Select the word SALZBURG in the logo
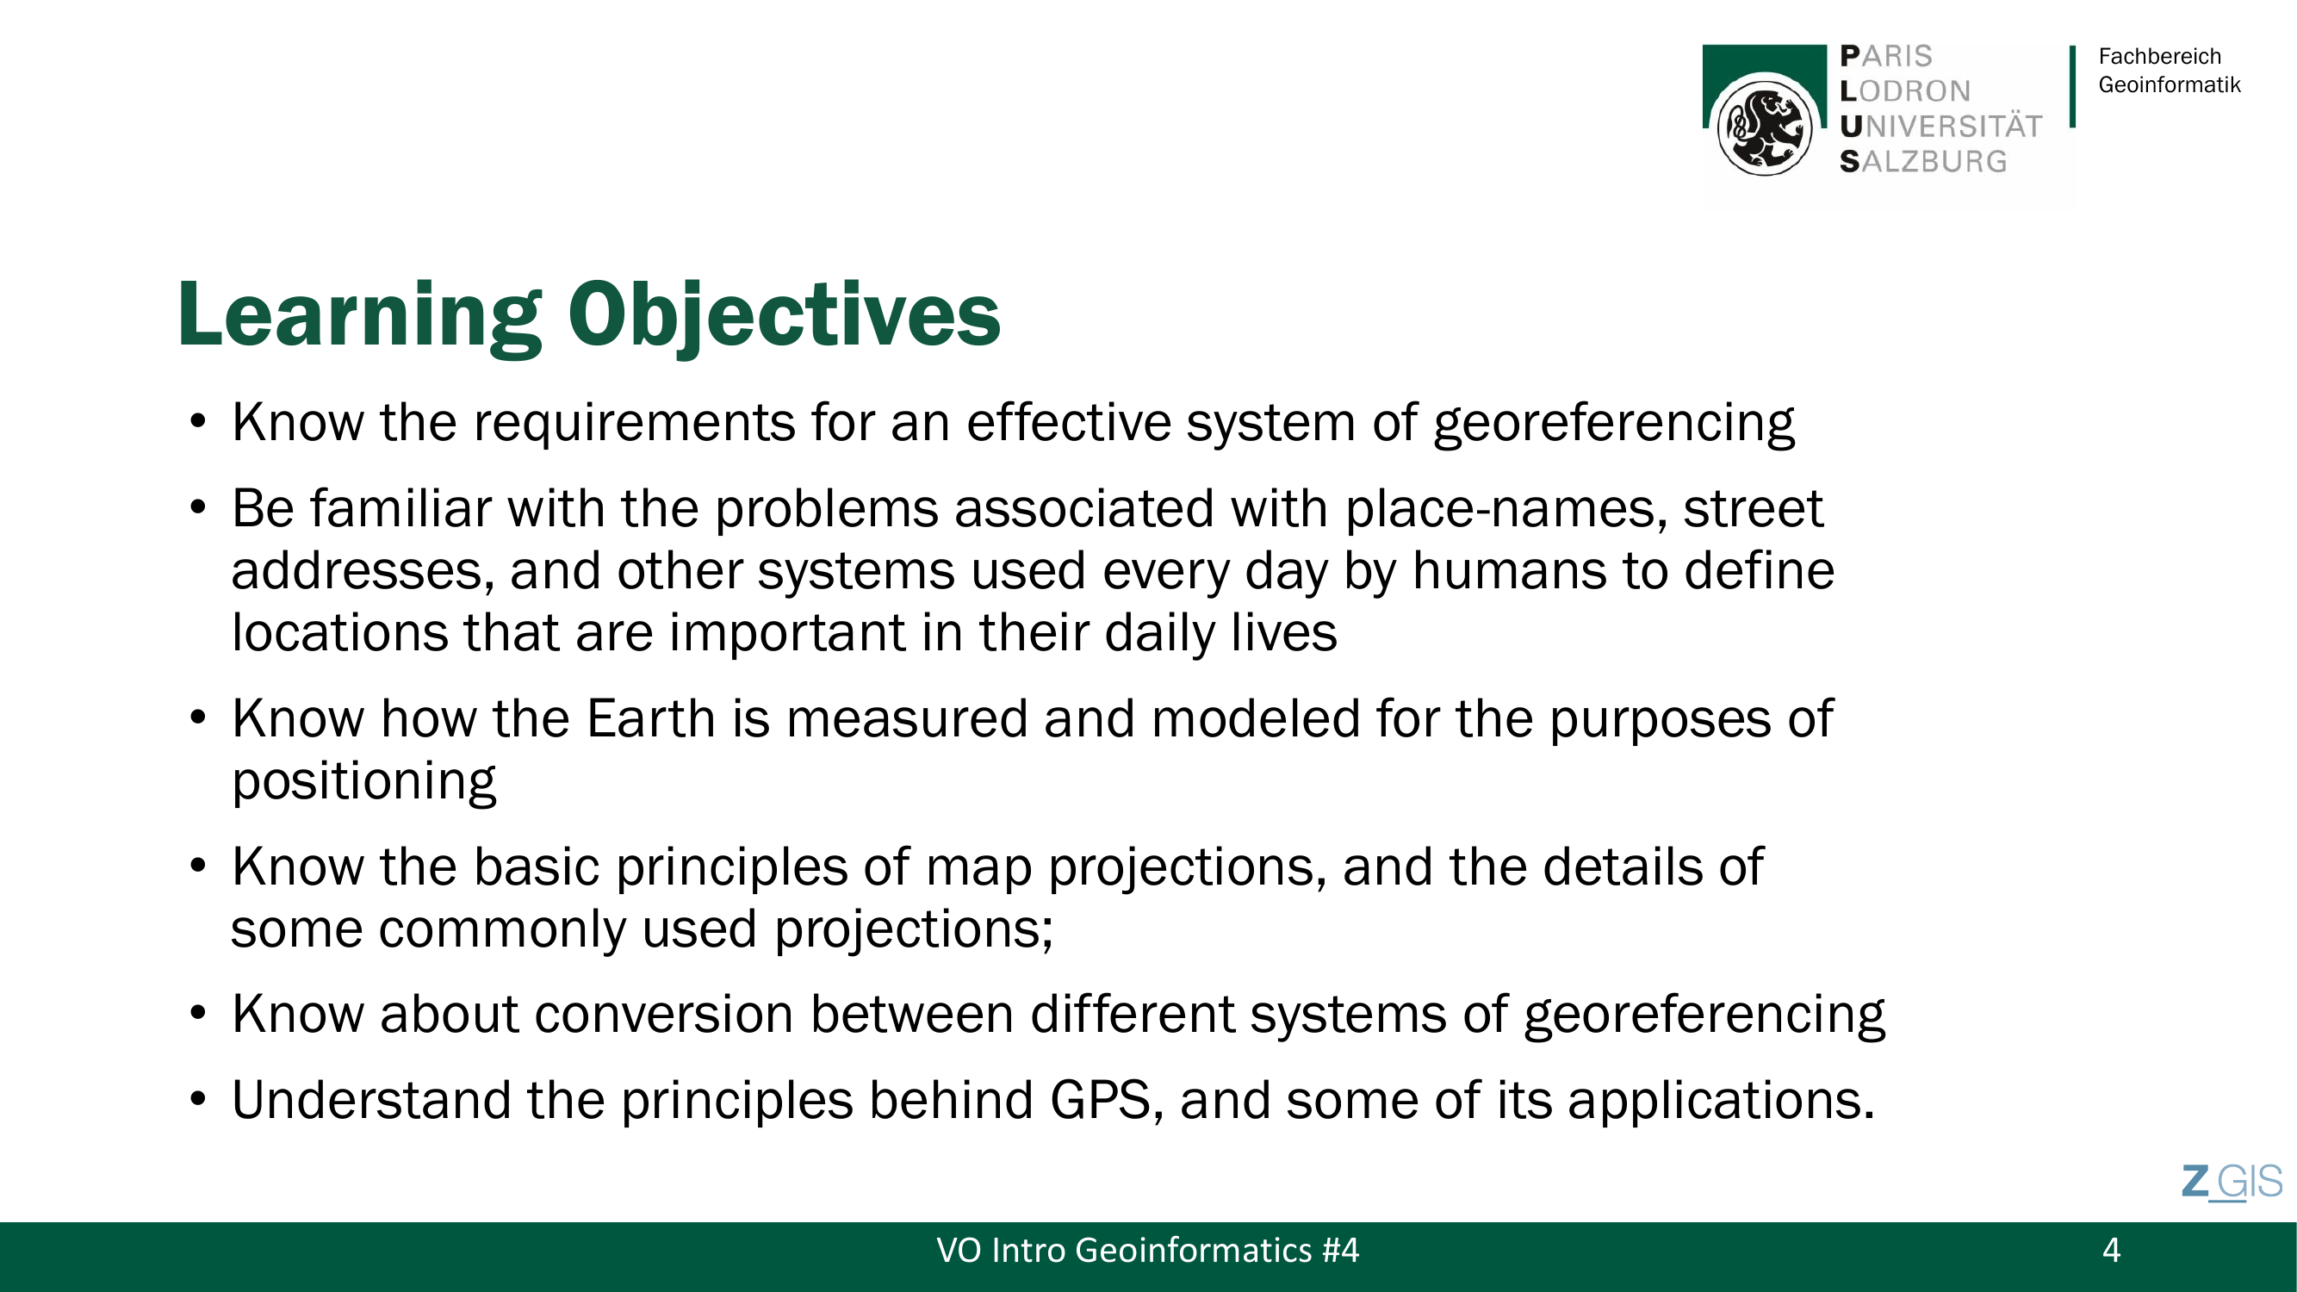[x=1923, y=161]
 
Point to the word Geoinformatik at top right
[x=2170, y=84]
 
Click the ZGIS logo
[x=2232, y=1183]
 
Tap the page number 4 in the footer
[x=2111, y=1250]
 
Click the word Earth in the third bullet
[x=651, y=717]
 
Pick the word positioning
[x=363, y=782]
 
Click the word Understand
[x=371, y=1099]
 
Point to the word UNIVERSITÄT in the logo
[x=1941, y=127]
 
